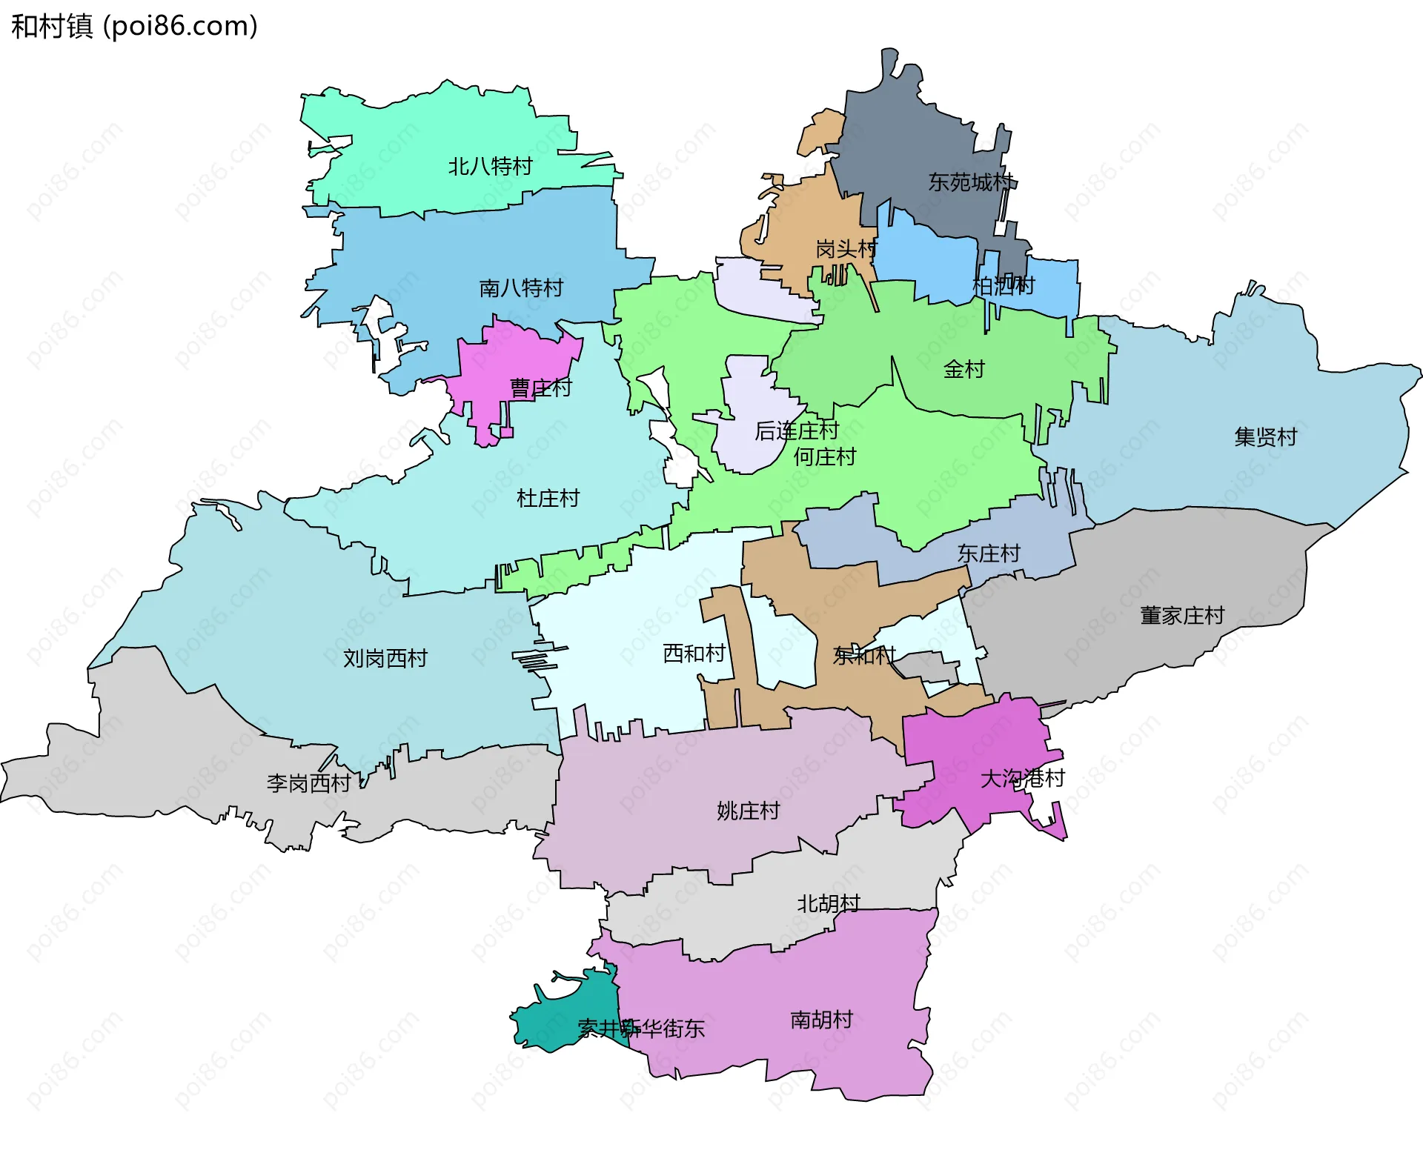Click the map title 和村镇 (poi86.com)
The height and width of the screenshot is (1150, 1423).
click(134, 26)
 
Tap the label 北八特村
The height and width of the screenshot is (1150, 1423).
click(490, 166)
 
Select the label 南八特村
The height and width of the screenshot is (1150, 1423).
click(521, 287)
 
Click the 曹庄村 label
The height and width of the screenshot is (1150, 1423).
click(540, 388)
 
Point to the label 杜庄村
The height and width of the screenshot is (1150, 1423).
click(548, 498)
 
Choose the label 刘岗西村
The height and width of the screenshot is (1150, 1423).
click(385, 658)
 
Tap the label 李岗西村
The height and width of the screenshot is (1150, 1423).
click(308, 783)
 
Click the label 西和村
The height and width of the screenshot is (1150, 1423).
click(694, 654)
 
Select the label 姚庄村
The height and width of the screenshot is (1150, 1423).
click(748, 811)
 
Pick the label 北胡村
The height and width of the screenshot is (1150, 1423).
click(828, 903)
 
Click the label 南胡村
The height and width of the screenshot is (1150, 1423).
click(821, 1020)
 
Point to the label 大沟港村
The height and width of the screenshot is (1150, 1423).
click(1022, 778)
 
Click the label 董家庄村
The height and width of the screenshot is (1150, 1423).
click(1181, 615)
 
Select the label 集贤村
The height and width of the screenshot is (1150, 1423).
click(1265, 436)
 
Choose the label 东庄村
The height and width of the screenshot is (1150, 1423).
click(988, 553)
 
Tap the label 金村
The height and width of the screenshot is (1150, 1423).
click(963, 368)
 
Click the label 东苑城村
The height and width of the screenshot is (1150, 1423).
click(971, 182)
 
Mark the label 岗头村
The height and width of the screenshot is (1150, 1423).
click(846, 249)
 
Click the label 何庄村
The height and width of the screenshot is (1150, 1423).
click(824, 456)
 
